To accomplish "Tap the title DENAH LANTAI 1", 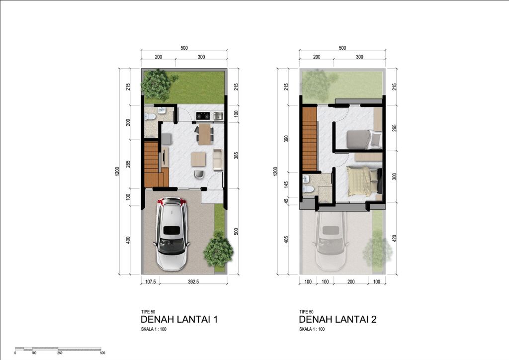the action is click(179, 319).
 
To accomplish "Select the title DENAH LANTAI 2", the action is click(338, 319).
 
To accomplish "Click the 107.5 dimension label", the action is click(150, 282).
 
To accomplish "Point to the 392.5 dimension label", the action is click(193, 282).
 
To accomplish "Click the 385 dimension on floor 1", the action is click(236, 156).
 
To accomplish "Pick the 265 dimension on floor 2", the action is click(394, 128).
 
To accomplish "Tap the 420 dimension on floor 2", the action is click(394, 239).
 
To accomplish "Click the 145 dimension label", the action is click(286, 184).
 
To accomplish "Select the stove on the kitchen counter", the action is click(203, 115).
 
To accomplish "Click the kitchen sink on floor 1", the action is click(218, 115).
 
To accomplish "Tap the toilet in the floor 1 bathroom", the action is click(150, 116).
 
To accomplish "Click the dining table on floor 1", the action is click(204, 134).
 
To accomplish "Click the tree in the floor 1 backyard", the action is click(158, 85).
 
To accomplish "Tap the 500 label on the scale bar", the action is click(102, 353).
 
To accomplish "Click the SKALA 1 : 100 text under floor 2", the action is click(312, 329).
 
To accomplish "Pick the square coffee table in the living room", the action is click(198, 159).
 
